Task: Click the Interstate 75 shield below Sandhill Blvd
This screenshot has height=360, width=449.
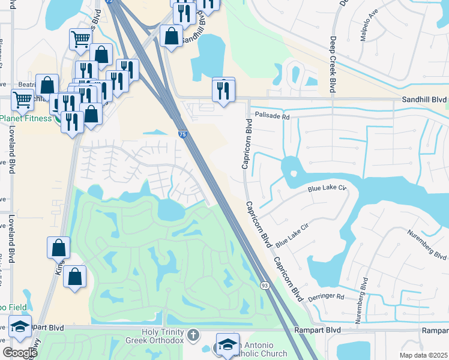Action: (x=182, y=135)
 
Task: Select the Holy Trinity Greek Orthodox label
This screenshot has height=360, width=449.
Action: (x=161, y=337)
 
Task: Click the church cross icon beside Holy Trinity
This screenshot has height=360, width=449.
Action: (x=193, y=334)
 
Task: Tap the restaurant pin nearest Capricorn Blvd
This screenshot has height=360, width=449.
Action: (x=223, y=91)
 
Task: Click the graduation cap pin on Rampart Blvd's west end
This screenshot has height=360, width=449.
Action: (x=20, y=327)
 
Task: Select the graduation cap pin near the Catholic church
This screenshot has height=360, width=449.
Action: (x=228, y=345)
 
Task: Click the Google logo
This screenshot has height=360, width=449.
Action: (x=20, y=353)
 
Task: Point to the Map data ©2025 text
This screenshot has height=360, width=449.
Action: (x=423, y=355)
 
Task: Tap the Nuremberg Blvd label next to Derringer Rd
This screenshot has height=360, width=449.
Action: (x=364, y=301)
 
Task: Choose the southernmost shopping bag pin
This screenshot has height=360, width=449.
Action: (x=74, y=277)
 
